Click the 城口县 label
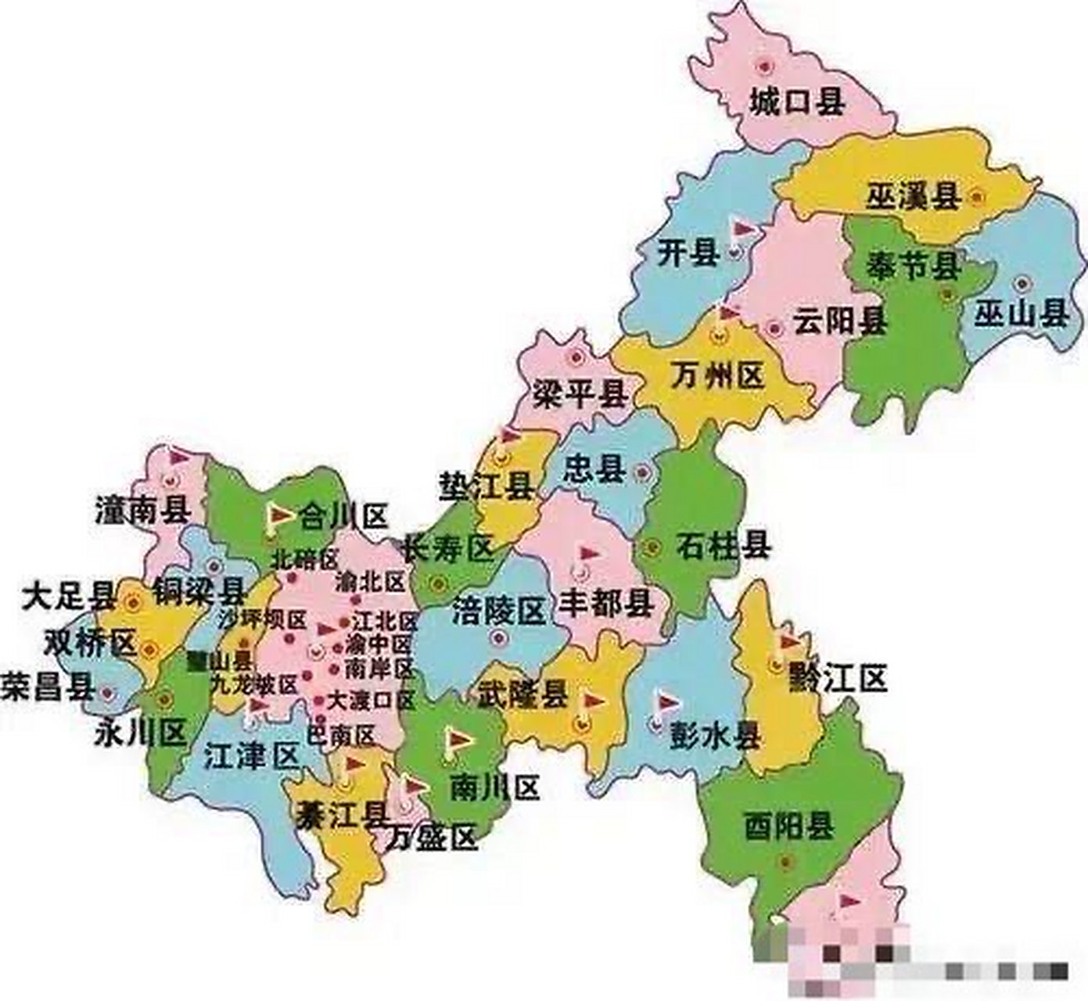coord(796,102)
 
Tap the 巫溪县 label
coord(913,196)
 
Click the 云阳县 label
coord(839,321)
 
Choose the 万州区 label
coord(716,377)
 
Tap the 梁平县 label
coord(580,394)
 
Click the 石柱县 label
coord(724,545)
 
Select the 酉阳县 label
coord(788,825)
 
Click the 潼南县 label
coord(142,511)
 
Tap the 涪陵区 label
coord(498,611)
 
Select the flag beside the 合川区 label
coord(278,515)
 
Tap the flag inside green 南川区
coord(458,739)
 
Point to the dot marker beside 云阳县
coord(774,328)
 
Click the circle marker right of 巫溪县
coord(976,197)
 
